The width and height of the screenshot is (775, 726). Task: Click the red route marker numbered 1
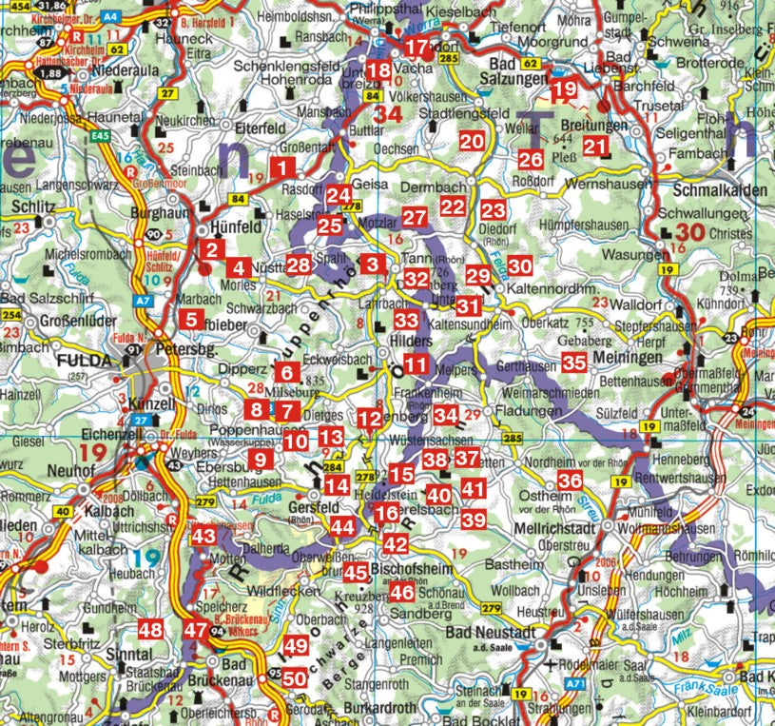click(281, 168)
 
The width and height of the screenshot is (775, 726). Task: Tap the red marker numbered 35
click(573, 362)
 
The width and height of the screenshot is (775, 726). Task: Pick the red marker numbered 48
click(150, 629)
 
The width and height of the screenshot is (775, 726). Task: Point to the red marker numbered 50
click(295, 678)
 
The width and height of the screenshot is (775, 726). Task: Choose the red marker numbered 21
click(595, 146)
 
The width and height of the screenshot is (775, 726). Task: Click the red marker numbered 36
click(570, 481)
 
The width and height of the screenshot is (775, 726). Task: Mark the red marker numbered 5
click(191, 320)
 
